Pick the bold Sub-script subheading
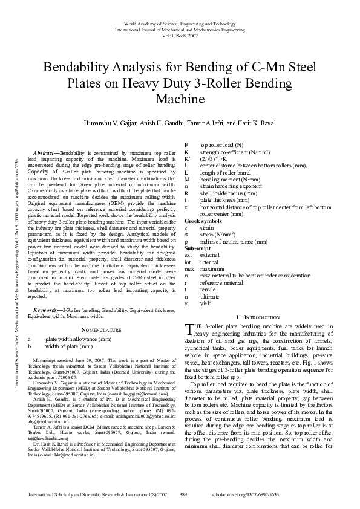pyautogui.click(x=198, y=265)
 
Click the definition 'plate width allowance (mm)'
pyautogui.click(x=79, y=339)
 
